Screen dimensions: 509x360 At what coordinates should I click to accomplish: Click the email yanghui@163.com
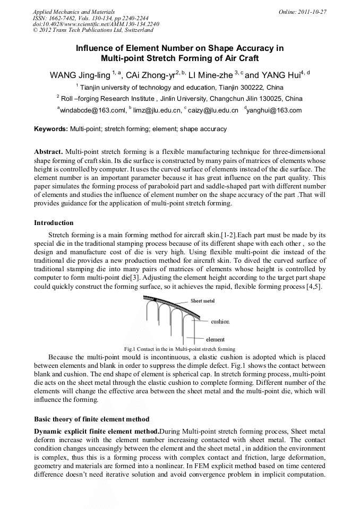(x=274, y=110)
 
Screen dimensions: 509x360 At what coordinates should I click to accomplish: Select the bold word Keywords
(x=51, y=129)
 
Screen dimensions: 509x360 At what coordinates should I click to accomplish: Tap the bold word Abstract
(x=48, y=152)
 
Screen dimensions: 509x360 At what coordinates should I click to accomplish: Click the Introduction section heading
(x=54, y=223)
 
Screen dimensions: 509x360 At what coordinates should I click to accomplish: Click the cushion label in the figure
(x=220, y=322)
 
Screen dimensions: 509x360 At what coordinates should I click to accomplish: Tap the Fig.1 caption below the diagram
(x=179, y=349)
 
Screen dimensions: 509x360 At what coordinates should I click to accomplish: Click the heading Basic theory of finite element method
(x=91, y=419)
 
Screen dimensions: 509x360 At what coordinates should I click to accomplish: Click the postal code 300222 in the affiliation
(x=249, y=87)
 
